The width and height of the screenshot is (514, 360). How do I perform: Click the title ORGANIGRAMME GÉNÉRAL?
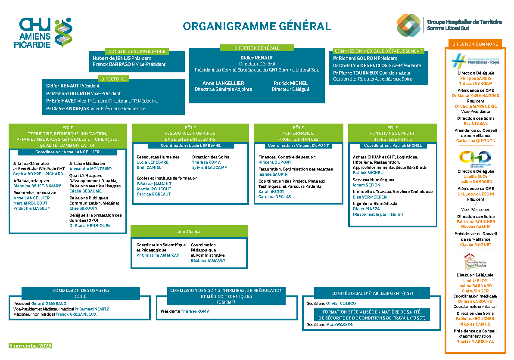coord(257,26)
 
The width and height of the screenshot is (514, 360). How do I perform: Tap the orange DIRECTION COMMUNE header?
coord(475,44)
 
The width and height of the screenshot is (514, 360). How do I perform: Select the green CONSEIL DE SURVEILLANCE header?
coord(137,51)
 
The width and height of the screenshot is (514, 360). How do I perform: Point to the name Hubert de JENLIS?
coord(111,58)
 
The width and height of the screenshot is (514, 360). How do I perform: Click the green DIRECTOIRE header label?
coord(113,79)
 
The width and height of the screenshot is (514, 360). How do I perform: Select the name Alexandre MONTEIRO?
coord(90,169)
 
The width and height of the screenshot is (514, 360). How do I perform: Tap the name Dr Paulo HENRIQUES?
coord(90,225)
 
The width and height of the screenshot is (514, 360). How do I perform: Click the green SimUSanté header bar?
coord(189,231)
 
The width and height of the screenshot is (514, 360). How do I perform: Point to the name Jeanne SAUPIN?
coord(273,174)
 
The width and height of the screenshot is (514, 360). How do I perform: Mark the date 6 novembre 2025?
coord(31,346)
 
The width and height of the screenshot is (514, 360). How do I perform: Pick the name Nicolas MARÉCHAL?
coord(475,341)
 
